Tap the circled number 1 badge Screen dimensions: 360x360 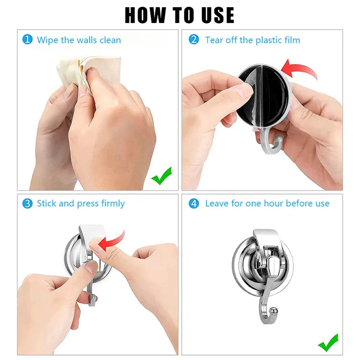click(x=28, y=40)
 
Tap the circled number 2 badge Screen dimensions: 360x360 click(x=194, y=40)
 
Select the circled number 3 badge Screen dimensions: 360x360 click(x=28, y=203)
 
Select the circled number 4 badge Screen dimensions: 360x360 click(x=194, y=203)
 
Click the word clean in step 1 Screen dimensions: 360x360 click(x=110, y=40)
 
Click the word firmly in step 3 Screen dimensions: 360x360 click(x=112, y=204)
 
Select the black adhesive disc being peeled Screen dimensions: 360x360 click(x=265, y=97)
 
